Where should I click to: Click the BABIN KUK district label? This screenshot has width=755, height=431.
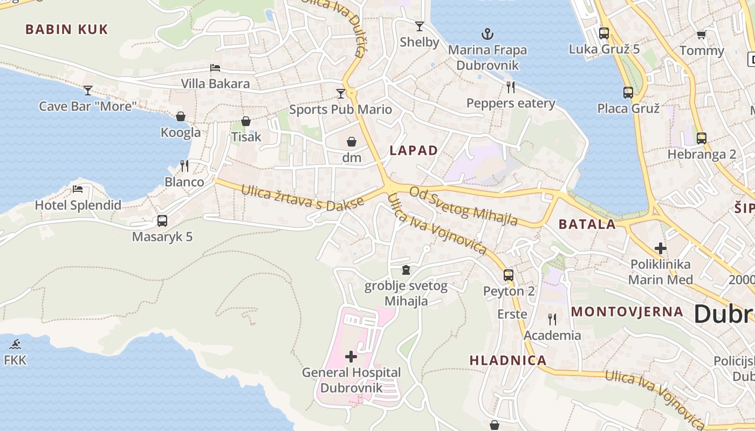(x=67, y=30)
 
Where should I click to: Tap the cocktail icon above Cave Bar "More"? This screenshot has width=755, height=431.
(x=88, y=90)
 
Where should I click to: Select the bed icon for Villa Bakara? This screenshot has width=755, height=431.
(x=215, y=68)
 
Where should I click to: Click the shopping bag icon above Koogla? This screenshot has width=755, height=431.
(x=181, y=116)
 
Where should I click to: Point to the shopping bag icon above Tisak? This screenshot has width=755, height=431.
(x=246, y=121)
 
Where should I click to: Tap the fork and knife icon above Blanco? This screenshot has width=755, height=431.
(x=184, y=165)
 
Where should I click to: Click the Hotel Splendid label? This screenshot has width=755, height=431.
(x=78, y=205)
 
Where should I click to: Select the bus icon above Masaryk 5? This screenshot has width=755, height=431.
(x=162, y=220)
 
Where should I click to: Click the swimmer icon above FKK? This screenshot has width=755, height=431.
(x=15, y=344)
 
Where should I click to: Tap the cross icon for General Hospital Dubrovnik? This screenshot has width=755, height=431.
(x=351, y=356)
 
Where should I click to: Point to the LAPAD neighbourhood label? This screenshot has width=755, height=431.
(x=414, y=151)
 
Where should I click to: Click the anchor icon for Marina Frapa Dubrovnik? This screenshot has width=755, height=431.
(x=488, y=34)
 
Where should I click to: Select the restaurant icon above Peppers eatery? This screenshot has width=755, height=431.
(x=511, y=87)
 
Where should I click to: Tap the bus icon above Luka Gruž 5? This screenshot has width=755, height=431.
(x=604, y=33)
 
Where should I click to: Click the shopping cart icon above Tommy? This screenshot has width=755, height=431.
(x=701, y=35)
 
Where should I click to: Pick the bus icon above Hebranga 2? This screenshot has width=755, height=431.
(x=702, y=138)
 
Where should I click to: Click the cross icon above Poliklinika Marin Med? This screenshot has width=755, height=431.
(x=661, y=248)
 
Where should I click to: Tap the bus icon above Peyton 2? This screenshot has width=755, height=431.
(x=509, y=275)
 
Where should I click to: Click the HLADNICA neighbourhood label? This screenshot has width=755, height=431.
(x=508, y=360)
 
